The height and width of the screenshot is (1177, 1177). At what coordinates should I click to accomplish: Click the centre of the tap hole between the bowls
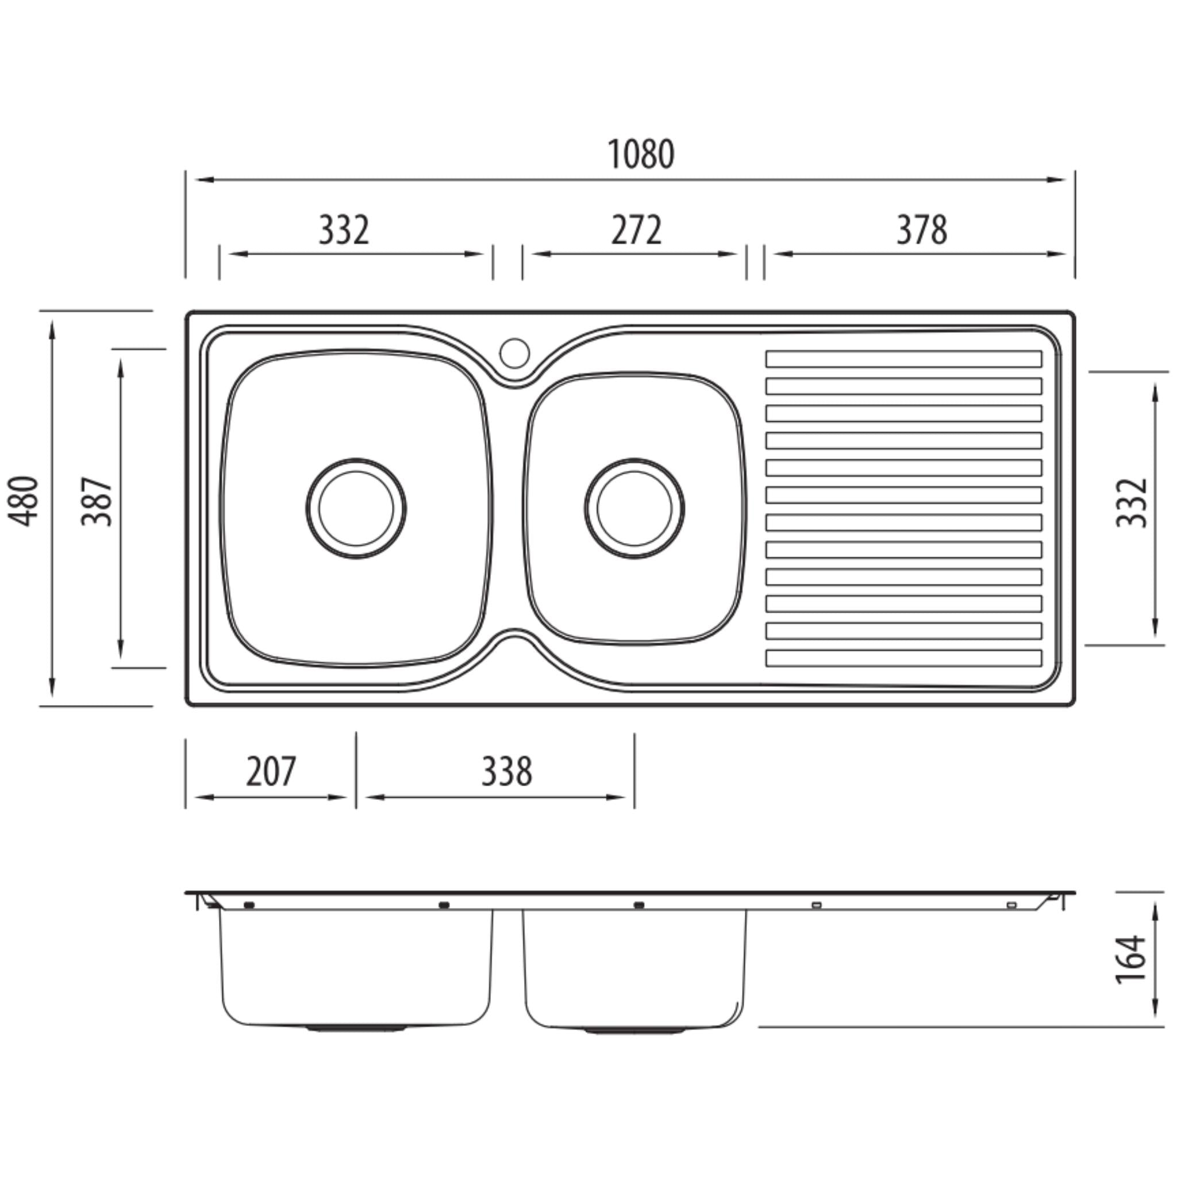pos(515,353)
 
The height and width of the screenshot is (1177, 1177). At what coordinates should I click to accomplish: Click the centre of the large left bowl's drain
pos(356,508)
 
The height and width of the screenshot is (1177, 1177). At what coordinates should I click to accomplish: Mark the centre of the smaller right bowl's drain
pos(635,508)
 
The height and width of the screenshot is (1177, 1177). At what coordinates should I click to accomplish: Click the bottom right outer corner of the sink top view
pos(1074,706)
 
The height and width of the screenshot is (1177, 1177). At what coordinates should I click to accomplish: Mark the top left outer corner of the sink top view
pos(186,311)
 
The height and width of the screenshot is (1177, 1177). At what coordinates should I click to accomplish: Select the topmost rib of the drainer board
pos(904,359)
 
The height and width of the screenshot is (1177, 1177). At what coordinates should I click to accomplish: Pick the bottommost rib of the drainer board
pos(904,658)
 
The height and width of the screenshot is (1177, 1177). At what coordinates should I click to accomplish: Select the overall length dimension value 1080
pos(641,155)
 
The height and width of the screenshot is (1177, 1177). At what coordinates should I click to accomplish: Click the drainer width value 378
pos(922,230)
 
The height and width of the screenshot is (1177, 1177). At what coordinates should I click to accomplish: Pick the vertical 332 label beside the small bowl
pos(1132,503)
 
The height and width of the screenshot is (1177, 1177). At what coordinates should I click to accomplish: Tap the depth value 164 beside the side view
pos(1132,958)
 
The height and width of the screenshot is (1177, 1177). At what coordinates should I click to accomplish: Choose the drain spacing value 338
pos(507,771)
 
